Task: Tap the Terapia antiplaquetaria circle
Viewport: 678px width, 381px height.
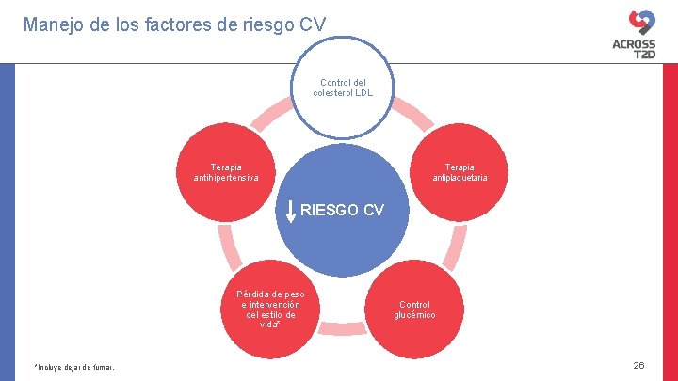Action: click(x=460, y=172)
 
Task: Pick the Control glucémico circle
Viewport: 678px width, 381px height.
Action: click(x=414, y=310)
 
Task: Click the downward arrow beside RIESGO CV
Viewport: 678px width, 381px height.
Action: click(x=291, y=213)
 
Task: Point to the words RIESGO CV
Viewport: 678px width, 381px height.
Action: click(x=342, y=210)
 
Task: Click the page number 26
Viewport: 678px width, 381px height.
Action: click(x=638, y=365)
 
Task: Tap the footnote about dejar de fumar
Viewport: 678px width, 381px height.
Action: click(x=73, y=367)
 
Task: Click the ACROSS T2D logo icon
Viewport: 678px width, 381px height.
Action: click(x=641, y=22)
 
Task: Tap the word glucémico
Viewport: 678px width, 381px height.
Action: click(x=414, y=315)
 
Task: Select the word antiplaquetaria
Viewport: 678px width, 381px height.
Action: click(x=460, y=178)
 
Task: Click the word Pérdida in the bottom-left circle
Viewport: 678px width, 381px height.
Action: click(x=256, y=294)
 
